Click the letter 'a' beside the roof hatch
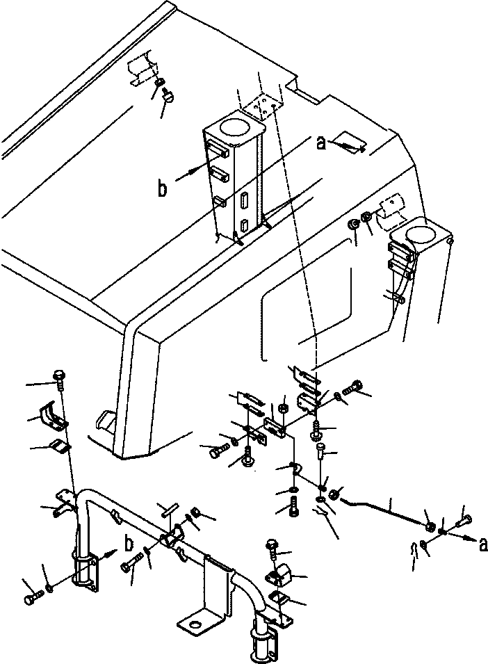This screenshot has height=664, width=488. coord(322,143)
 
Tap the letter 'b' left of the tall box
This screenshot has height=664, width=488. coord(162,188)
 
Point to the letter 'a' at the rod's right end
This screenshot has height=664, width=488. coord(483,545)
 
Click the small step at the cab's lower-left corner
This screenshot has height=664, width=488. coord(105,421)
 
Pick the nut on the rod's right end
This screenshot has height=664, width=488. coord(430,526)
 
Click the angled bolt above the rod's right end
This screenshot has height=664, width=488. coord(464,520)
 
